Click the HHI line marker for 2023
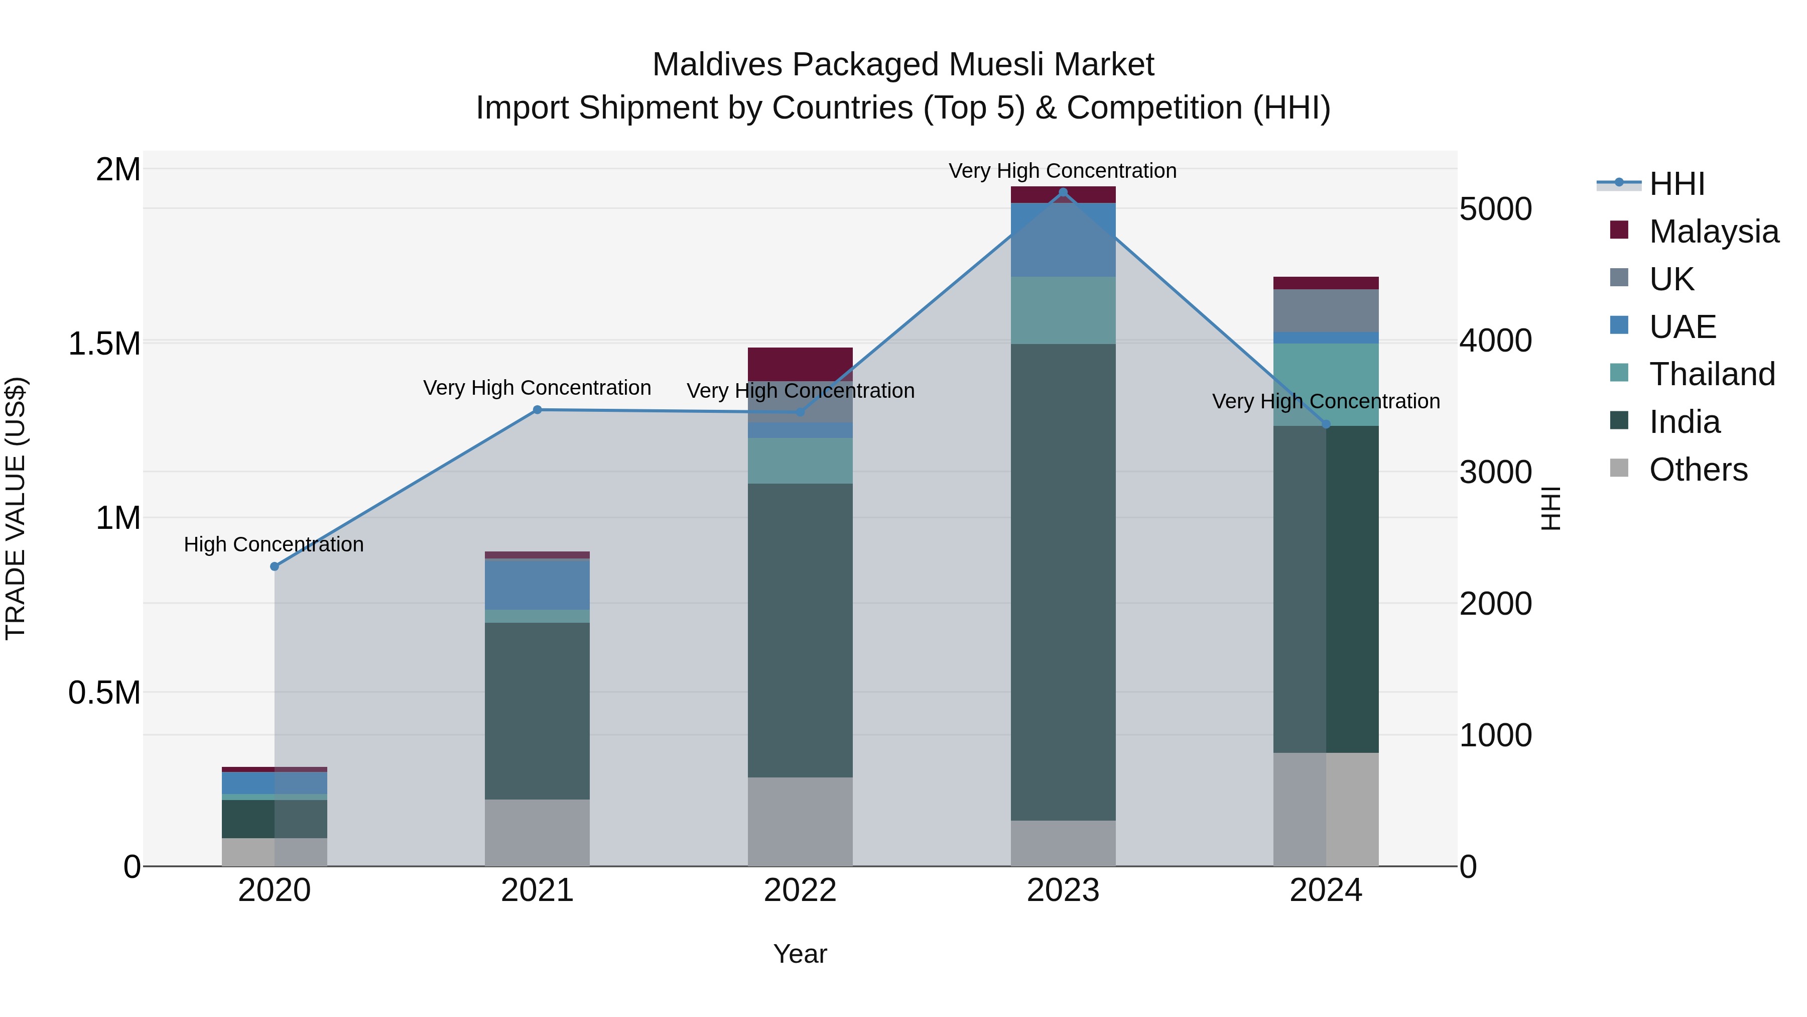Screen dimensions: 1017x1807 [x=1063, y=192]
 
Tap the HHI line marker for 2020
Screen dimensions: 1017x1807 [x=274, y=567]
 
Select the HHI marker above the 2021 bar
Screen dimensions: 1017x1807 [x=537, y=410]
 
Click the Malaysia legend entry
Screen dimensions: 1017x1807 [x=1714, y=232]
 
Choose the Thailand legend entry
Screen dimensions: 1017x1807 [x=1712, y=374]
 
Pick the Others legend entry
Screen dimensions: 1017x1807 [x=1698, y=470]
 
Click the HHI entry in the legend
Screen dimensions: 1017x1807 [x=1676, y=184]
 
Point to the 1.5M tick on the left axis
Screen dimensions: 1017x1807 [x=104, y=344]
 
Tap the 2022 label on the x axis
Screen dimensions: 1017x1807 [x=800, y=890]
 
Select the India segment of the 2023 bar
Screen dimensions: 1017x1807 [x=1063, y=583]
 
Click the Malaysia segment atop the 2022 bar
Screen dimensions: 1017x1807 [x=800, y=364]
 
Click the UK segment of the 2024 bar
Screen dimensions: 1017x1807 [x=1326, y=310]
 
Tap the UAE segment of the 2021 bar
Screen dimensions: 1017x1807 [x=537, y=584]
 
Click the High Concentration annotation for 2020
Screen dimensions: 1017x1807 [x=274, y=544]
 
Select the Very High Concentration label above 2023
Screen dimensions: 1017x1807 [x=1063, y=171]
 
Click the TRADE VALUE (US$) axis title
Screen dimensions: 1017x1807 [x=16, y=509]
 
